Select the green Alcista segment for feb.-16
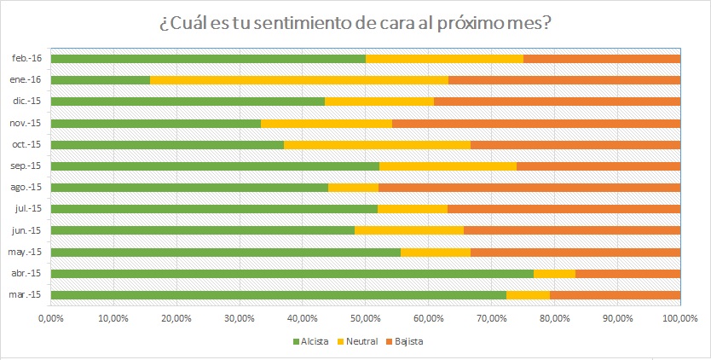208,58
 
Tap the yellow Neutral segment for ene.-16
298,80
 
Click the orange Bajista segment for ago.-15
529,187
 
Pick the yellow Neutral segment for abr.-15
554,273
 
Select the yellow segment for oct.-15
377,144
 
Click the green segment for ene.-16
101,80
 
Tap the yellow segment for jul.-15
413,208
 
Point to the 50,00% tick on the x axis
365,317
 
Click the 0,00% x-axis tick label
51,317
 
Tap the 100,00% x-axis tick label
679,317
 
